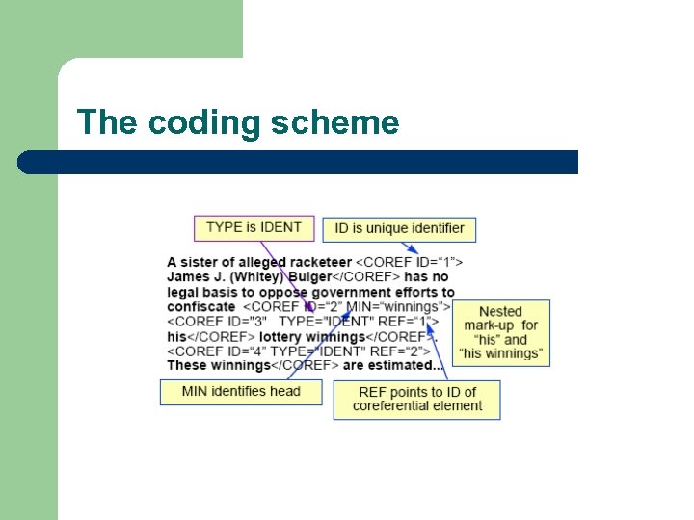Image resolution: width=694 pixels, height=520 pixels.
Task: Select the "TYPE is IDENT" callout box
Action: coord(254,228)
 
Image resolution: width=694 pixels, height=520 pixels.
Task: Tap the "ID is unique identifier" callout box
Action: coord(399,229)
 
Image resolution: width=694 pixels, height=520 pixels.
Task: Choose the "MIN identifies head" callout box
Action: coord(241,391)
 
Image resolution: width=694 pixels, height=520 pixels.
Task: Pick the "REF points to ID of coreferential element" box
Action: coord(416,399)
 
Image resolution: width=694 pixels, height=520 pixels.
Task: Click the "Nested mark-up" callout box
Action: coord(500,332)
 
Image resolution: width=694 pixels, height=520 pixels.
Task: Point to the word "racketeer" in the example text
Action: coord(321,262)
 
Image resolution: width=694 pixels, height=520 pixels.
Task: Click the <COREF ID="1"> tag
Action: coord(410,262)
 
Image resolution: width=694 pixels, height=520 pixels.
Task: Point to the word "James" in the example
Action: coord(188,277)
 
